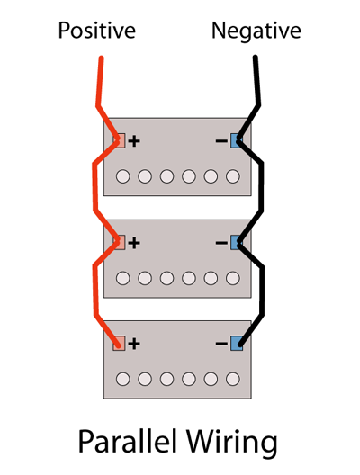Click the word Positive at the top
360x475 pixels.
pos(96,31)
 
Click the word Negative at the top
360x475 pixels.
pos(256,31)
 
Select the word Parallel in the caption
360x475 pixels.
pos(128,441)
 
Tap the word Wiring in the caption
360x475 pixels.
pos(232,443)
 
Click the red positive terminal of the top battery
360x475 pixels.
pos(119,140)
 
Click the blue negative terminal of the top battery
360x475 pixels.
pos(237,140)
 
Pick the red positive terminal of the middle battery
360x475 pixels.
pos(119,242)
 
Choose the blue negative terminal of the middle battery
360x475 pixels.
pos(237,242)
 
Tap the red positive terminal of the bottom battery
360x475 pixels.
pos(119,344)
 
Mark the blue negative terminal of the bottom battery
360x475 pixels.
pos(237,344)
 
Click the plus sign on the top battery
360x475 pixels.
pos(134,141)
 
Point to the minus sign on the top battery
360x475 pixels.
pos(221,141)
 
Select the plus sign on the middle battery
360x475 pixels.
pos(134,243)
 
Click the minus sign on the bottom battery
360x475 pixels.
pos(221,344)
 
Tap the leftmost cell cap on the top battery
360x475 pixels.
pos(123,176)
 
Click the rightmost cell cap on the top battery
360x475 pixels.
pos(233,176)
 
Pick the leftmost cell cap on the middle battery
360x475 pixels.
pos(123,278)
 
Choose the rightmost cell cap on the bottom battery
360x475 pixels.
pos(233,379)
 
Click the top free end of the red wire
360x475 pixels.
pos(102,58)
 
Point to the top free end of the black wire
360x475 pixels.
pos(256,58)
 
